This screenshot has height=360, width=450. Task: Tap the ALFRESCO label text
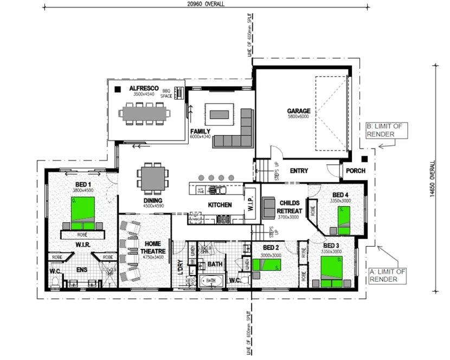tap(144, 88)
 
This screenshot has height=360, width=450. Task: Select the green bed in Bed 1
tap(83, 213)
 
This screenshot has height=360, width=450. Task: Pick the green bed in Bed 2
tap(269, 265)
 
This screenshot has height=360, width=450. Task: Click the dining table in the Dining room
tap(152, 178)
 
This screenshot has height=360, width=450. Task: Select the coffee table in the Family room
tap(220, 114)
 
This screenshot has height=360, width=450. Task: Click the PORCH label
tap(355, 171)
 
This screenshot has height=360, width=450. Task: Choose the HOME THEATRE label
tap(151, 248)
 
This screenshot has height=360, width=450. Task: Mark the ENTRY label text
tap(299, 171)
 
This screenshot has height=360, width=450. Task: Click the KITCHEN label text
tap(220, 205)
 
